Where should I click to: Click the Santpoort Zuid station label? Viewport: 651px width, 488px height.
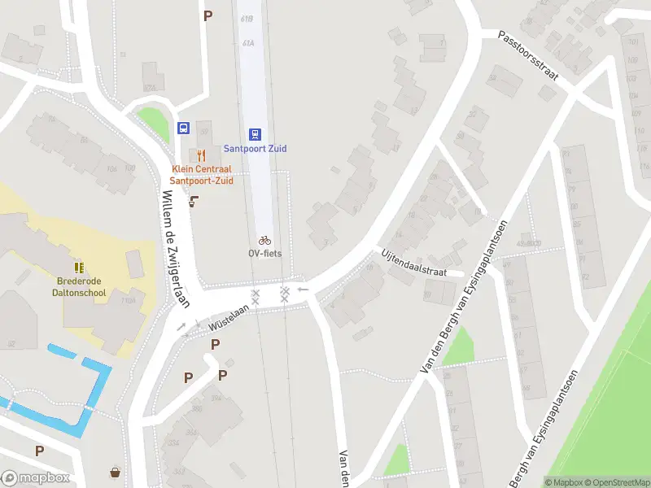(x=256, y=149)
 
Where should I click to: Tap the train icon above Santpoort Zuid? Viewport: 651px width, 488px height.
(x=256, y=134)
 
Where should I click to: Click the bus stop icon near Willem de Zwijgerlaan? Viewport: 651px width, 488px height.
(x=184, y=129)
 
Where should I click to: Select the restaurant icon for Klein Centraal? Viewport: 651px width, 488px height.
(x=199, y=155)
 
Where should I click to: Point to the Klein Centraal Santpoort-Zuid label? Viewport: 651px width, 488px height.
(x=202, y=175)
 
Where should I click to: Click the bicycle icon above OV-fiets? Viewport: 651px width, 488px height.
(x=264, y=240)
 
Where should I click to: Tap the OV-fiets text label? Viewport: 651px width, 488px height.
(x=264, y=253)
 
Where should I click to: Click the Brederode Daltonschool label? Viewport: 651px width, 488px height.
(x=80, y=287)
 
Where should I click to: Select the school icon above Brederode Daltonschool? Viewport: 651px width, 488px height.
(x=79, y=268)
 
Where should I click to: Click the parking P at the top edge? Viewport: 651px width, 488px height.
(x=208, y=15)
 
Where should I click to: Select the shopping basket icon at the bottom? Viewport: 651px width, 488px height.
(x=116, y=473)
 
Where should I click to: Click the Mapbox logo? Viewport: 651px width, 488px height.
(x=35, y=478)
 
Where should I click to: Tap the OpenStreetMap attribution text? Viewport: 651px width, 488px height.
(x=616, y=482)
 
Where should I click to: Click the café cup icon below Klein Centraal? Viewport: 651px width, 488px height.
(x=194, y=202)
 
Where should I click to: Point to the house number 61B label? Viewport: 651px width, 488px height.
(x=247, y=17)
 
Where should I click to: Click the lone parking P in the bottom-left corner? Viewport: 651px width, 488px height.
(x=39, y=450)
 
